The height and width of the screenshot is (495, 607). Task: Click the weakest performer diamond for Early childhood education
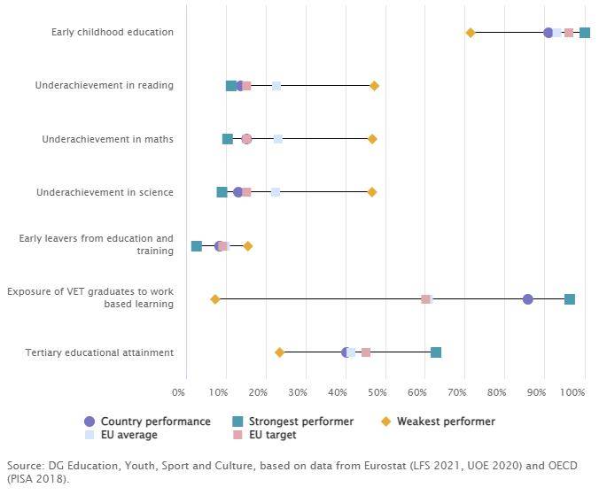pos(471,33)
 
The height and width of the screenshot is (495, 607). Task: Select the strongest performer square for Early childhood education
pos(585,33)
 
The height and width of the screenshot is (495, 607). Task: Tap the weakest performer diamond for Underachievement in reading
pos(374,86)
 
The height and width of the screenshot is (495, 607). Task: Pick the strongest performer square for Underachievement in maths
pos(228,139)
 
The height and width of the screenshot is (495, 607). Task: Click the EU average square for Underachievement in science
pos(276,192)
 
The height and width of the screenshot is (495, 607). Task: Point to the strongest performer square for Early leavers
pos(197,245)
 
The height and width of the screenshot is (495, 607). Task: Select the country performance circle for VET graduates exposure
pos(528,299)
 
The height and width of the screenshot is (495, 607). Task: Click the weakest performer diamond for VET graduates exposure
pos(215,299)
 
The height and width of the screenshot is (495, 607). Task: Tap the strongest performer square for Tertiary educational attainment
pos(436,352)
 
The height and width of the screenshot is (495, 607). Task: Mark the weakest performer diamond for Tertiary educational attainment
pos(280,352)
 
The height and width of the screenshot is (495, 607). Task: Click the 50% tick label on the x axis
pos(378,391)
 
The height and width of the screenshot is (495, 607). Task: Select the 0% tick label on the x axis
pos(178,391)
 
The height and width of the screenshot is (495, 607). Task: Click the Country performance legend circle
pos(89,422)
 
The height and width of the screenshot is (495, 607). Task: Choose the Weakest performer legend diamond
pos(385,422)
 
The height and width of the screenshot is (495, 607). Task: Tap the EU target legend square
pos(237,436)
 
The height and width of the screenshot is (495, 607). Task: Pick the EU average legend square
pos(89,436)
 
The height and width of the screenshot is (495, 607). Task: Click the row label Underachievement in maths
pos(107,139)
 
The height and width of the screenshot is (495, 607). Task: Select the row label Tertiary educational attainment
pos(100,352)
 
